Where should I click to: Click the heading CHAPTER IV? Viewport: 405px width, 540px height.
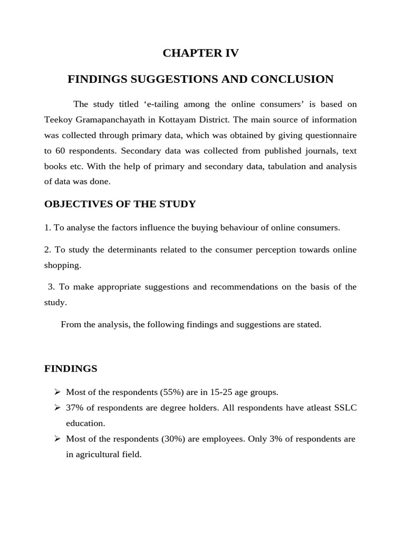pos(200,53)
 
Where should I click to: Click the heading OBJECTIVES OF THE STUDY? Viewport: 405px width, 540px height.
pos(120,204)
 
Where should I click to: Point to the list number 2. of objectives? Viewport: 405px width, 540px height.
pos(47,249)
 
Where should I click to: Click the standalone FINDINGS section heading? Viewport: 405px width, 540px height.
pos(71,369)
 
